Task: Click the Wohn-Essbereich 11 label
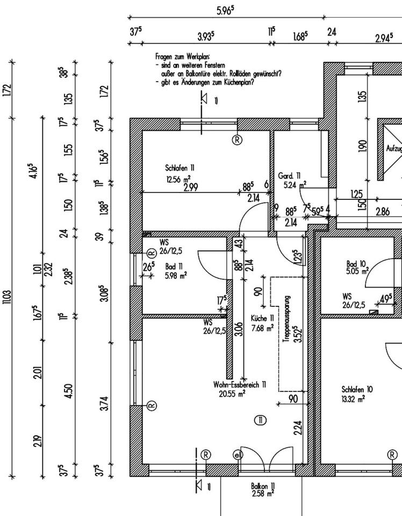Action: click(x=240, y=385)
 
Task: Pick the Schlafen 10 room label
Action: click(x=357, y=389)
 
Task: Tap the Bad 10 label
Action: click(x=356, y=264)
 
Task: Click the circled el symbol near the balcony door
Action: click(x=237, y=455)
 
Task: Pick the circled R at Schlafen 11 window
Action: click(x=236, y=140)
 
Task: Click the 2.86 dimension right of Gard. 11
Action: click(x=382, y=212)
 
